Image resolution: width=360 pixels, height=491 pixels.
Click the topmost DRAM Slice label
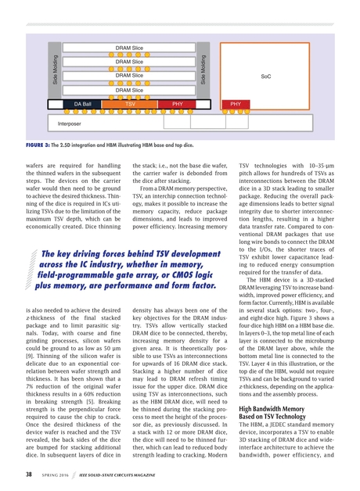128,48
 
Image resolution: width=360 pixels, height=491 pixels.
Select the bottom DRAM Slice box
128,90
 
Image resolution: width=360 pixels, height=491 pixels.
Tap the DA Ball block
82,103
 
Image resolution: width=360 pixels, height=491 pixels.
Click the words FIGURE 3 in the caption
31,145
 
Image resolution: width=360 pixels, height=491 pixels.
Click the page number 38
28,474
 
